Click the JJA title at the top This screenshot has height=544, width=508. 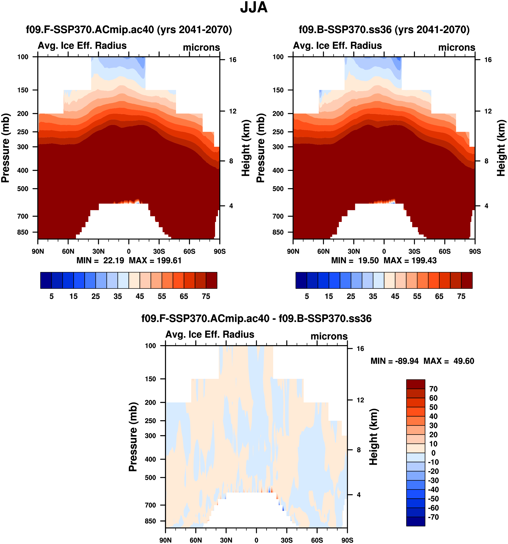(254, 8)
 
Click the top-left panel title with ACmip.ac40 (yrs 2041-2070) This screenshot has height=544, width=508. (129, 29)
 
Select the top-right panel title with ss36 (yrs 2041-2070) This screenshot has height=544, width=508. (384, 29)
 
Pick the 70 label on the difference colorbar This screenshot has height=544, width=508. (433, 389)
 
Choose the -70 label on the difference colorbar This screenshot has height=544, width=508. (433, 517)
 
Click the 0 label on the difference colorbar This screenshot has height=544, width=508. (433, 453)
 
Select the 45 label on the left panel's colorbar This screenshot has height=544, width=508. (140, 296)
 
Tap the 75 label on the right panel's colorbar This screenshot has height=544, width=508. (461, 296)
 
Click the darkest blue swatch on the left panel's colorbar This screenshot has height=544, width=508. (46, 280)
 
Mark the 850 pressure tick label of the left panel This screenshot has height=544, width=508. (23, 232)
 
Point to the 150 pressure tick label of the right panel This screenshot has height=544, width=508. (278, 90)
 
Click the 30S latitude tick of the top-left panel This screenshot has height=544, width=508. (159, 251)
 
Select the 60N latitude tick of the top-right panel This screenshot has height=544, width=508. (323, 251)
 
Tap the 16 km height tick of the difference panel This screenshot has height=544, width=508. (360, 349)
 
